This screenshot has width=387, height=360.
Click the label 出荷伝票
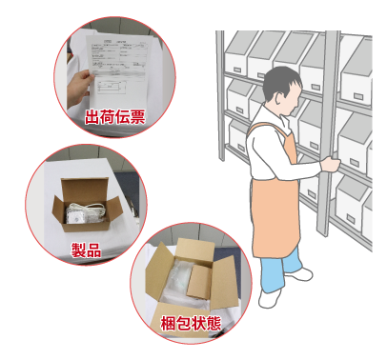120,116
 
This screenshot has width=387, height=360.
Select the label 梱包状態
191,323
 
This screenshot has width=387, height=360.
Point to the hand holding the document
77,90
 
